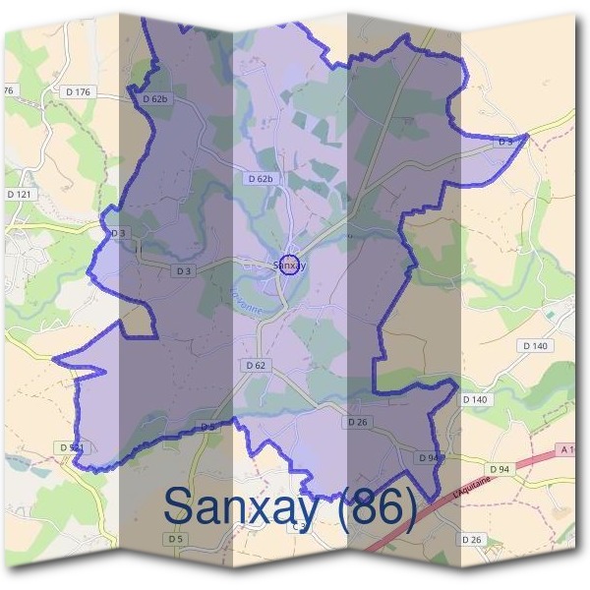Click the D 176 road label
point(78,91)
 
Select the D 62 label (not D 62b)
point(255,365)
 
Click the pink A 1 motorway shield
point(566,449)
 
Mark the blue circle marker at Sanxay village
point(289,265)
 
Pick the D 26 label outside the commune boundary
point(472,540)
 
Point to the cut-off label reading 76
point(9,90)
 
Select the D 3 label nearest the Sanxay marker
point(183,270)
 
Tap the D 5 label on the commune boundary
point(207,427)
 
